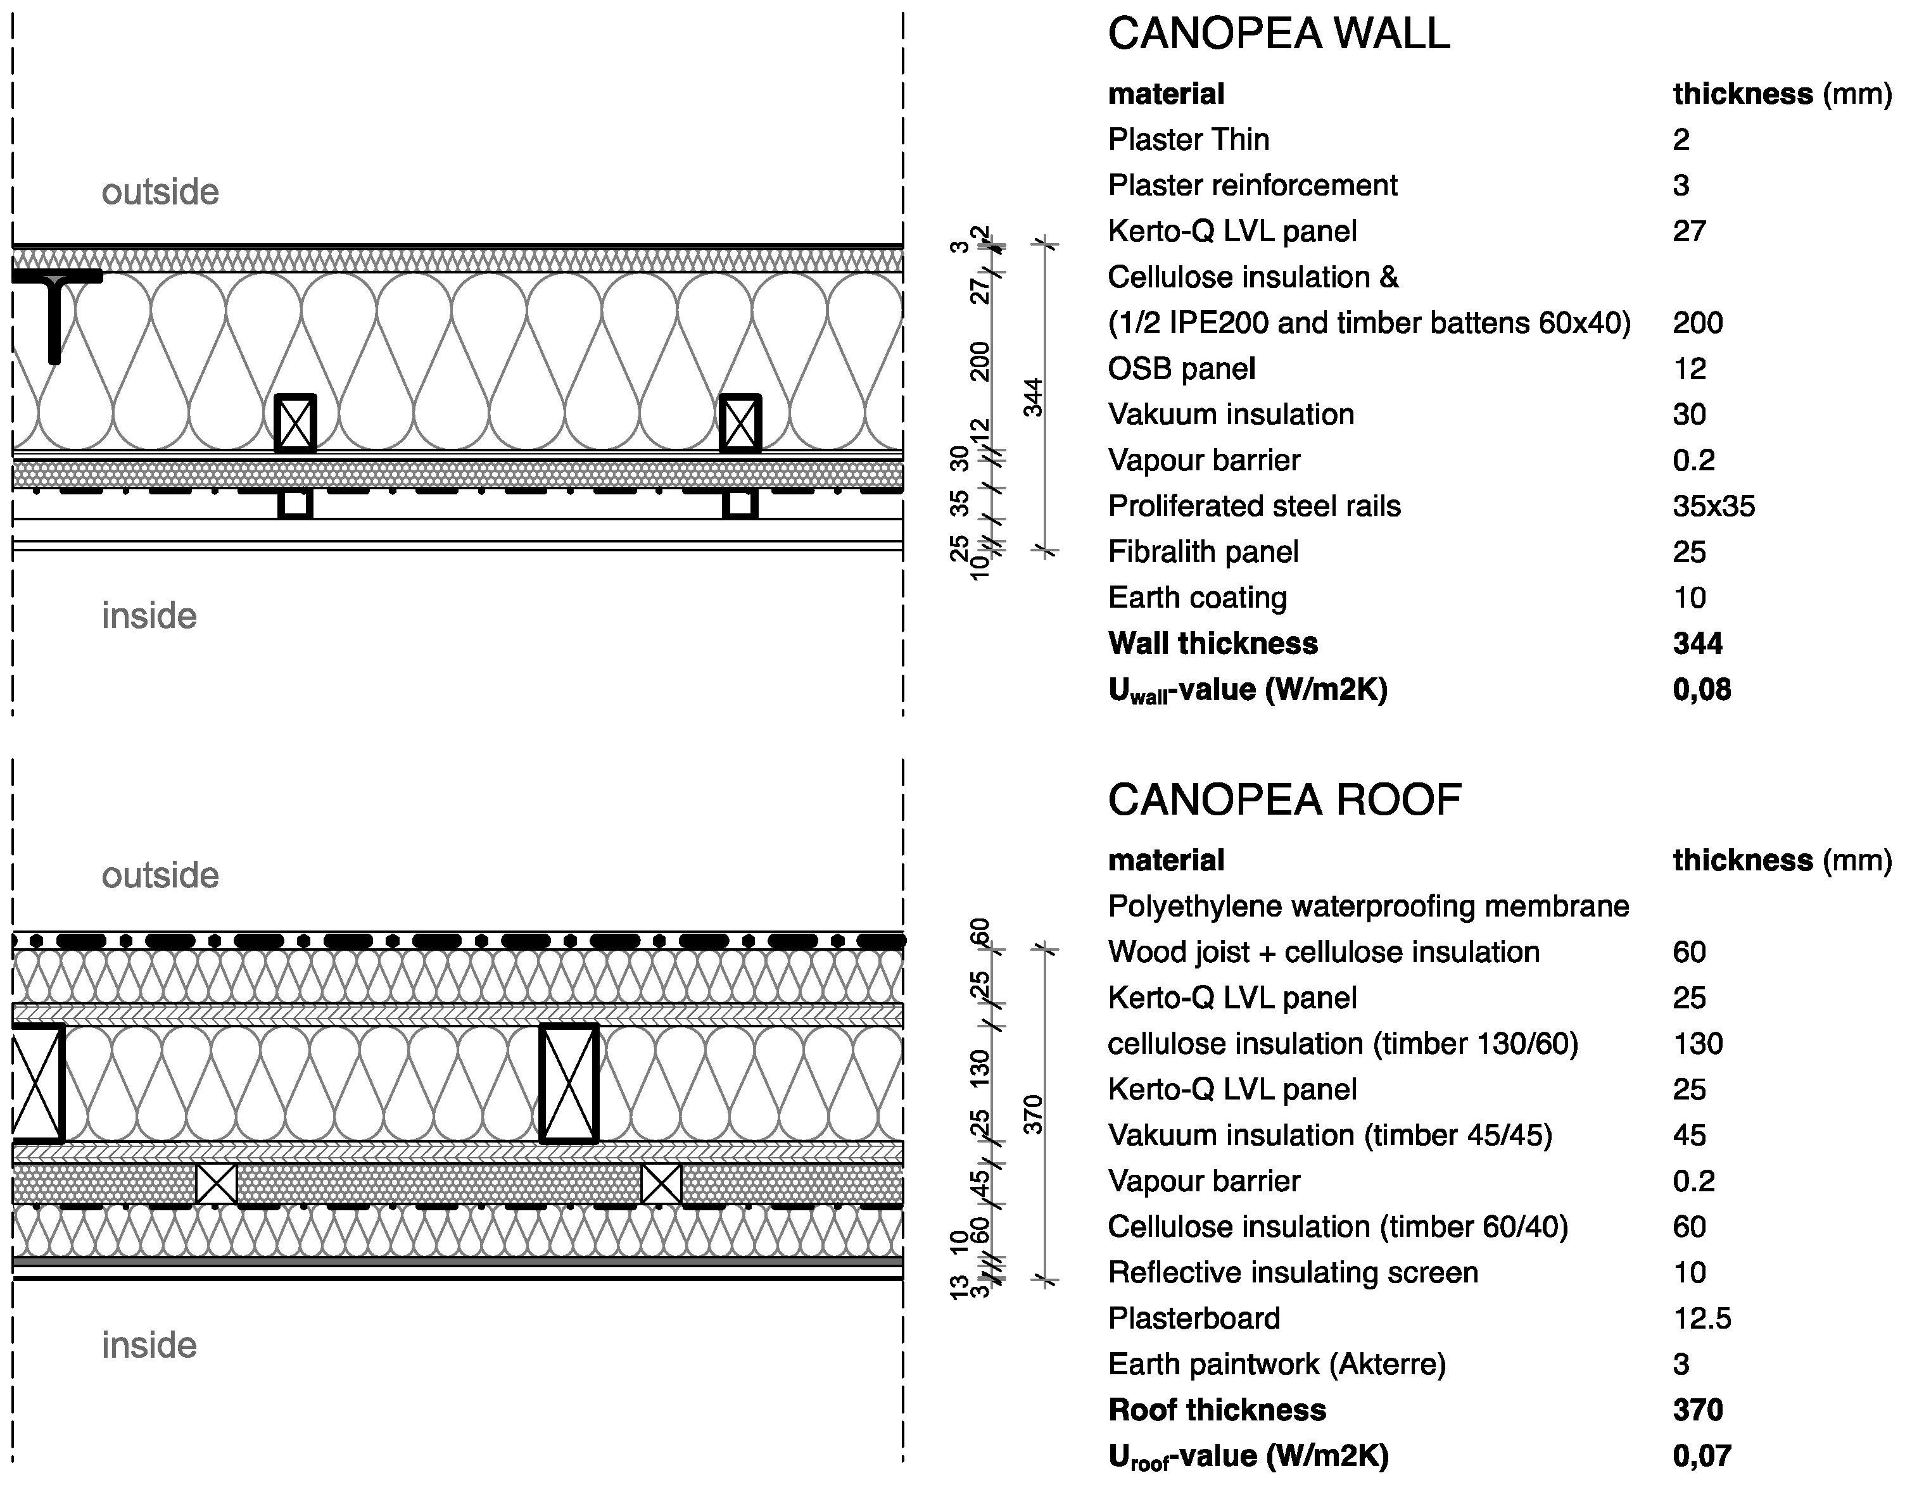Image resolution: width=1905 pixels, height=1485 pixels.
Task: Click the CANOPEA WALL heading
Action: [x=1278, y=34]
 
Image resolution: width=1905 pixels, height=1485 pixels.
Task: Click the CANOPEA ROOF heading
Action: [x=1284, y=799]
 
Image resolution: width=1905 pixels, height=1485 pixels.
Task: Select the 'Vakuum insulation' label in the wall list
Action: [x=1230, y=414]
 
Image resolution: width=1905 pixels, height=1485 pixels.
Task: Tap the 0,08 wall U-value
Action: [x=1701, y=690]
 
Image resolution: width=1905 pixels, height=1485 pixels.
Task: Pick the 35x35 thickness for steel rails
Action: [x=1713, y=506]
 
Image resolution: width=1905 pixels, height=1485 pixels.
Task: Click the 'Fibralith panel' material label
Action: [x=1202, y=552]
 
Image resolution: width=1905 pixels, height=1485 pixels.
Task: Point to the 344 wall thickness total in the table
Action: [x=1697, y=644]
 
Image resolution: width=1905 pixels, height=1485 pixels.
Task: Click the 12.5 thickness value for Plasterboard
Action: [x=1701, y=1319]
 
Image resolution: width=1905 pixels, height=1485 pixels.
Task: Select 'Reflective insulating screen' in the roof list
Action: [x=1292, y=1272]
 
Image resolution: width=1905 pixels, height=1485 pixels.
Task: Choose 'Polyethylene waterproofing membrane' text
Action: [x=1368, y=906]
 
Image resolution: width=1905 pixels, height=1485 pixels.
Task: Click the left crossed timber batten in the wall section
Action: [x=295, y=423]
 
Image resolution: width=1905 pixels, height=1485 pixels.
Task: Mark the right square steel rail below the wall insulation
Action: [x=740, y=503]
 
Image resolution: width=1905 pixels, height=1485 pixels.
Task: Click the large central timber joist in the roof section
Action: [x=569, y=1083]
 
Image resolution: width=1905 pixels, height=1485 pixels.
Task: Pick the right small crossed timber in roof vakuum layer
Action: [x=661, y=1183]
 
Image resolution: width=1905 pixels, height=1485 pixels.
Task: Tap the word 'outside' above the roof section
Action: [x=160, y=875]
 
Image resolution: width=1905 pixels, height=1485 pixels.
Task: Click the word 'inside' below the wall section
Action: [x=149, y=617]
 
